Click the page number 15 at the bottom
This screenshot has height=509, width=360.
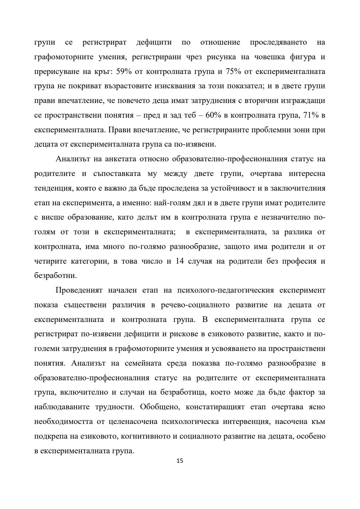point(180,461)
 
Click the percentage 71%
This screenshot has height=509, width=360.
point(312,115)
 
